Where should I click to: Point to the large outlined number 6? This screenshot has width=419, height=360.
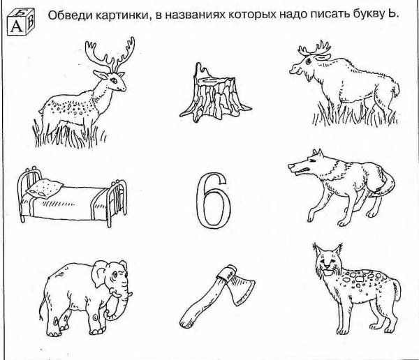click(x=212, y=199)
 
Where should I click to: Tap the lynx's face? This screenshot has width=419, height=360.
click(x=325, y=266)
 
